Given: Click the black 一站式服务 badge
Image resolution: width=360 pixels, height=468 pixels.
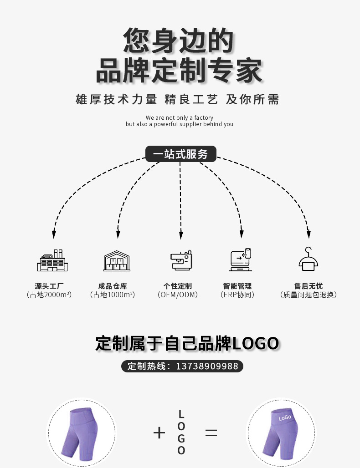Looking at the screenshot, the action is pos(180,154).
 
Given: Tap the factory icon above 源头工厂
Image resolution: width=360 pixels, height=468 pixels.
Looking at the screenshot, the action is pos(52,261).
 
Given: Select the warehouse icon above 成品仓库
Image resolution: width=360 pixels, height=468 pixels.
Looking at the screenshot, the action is pos(117,261).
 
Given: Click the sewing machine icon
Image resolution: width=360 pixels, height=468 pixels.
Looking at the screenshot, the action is pos(181,260).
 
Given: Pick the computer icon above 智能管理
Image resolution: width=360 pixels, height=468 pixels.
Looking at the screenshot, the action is pos(241,260).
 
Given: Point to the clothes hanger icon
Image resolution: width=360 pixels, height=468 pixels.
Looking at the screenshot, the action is pos(308,259).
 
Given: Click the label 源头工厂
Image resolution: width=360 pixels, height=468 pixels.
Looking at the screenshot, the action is pos(49,286).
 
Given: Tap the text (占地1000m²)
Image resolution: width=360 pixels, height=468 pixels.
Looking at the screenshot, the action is pos(113,295).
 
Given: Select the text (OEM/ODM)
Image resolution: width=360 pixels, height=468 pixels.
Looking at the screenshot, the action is pos(178,295).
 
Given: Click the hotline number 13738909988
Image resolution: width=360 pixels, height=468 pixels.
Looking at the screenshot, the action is pos(207,366).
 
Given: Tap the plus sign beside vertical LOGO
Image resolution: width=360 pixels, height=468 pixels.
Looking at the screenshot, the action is pos(159,432).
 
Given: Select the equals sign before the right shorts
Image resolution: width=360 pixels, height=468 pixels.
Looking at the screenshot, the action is pos(211,432).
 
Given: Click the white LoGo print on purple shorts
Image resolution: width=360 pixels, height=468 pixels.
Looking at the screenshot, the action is pos(285,417).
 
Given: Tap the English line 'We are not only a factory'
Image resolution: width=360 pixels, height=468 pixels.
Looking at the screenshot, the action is pos(180,117).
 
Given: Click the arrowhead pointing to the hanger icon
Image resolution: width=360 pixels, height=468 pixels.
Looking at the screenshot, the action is pos(309,234).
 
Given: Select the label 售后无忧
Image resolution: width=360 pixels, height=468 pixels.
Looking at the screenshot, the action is pos(308,286).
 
